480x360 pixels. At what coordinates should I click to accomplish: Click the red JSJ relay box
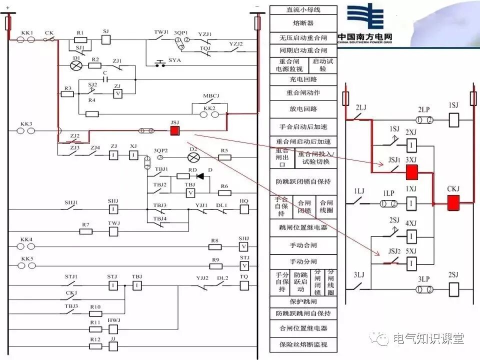tap(175, 131)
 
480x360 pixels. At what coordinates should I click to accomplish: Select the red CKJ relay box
tap(453, 203)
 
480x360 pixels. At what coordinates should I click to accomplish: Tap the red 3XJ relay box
tap(411, 172)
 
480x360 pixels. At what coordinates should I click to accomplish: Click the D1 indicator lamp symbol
tap(76, 65)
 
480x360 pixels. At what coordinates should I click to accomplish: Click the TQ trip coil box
tap(243, 285)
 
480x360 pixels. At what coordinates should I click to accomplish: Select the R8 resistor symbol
tap(214, 246)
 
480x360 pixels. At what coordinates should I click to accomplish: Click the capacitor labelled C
tap(105, 79)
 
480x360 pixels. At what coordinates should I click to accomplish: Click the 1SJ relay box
tap(453, 120)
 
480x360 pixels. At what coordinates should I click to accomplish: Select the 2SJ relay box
tap(453, 289)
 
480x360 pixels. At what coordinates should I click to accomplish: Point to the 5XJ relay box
tap(411, 263)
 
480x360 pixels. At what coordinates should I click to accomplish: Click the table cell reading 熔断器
tap(303, 23)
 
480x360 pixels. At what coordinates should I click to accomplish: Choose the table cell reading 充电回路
tap(303, 79)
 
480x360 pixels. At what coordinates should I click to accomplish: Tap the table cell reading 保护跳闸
tap(303, 302)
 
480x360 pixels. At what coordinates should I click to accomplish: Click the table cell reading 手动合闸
tap(303, 245)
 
